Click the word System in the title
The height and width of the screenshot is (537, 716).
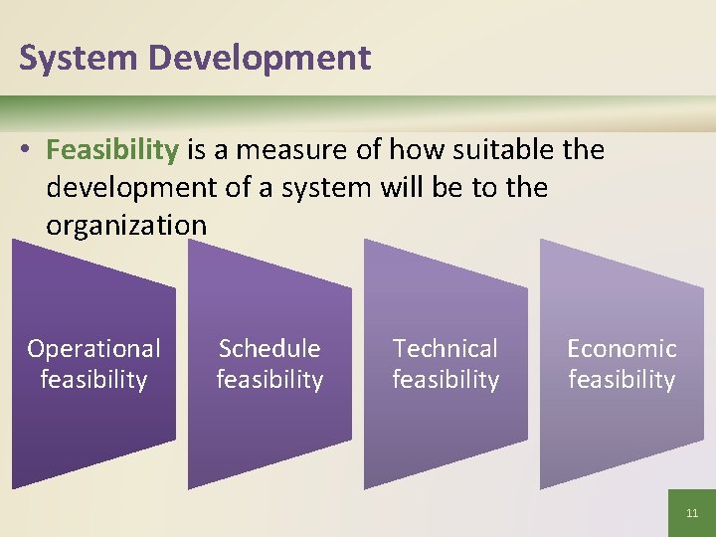pos(79,58)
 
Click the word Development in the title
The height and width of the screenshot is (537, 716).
pos(260,58)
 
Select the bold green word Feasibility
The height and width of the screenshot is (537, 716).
pos(111,150)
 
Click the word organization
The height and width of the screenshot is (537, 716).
pos(126,226)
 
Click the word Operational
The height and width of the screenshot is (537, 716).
pos(93,349)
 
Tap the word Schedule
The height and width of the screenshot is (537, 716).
pos(269,349)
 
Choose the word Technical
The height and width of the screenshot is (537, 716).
pos(446,349)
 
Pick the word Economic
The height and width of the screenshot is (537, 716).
pos(622,349)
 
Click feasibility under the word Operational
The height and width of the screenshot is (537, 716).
pos(93,380)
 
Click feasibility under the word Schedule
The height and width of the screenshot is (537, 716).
pos(269,380)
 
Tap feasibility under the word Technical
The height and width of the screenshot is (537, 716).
pos(446,380)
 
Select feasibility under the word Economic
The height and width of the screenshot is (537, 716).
pos(622,380)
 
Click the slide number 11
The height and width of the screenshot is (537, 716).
pos(692,514)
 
